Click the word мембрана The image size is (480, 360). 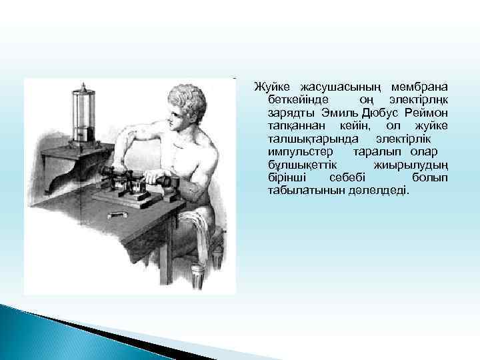[x=420, y=87]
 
